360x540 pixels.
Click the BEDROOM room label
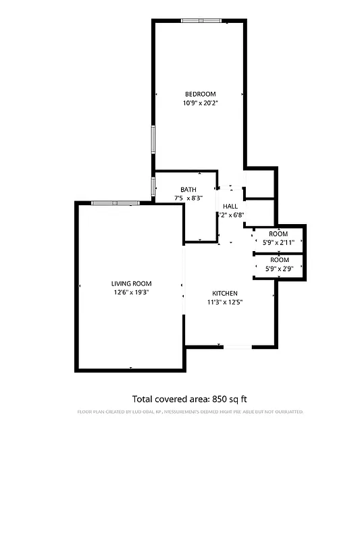(200, 94)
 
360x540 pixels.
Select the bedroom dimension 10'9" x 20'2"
(200, 103)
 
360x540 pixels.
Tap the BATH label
(188, 190)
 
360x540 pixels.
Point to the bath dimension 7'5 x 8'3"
(188, 198)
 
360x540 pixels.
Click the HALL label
(230, 207)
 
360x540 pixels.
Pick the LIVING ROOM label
(132, 283)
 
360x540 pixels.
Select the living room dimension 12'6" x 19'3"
(132, 293)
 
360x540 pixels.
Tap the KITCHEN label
(225, 293)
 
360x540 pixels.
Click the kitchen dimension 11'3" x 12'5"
(225, 302)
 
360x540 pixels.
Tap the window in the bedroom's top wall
(201, 22)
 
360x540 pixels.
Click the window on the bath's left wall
(153, 186)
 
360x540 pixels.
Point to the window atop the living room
(115, 202)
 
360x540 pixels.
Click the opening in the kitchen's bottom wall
(238, 347)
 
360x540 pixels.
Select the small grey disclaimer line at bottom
(190, 411)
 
